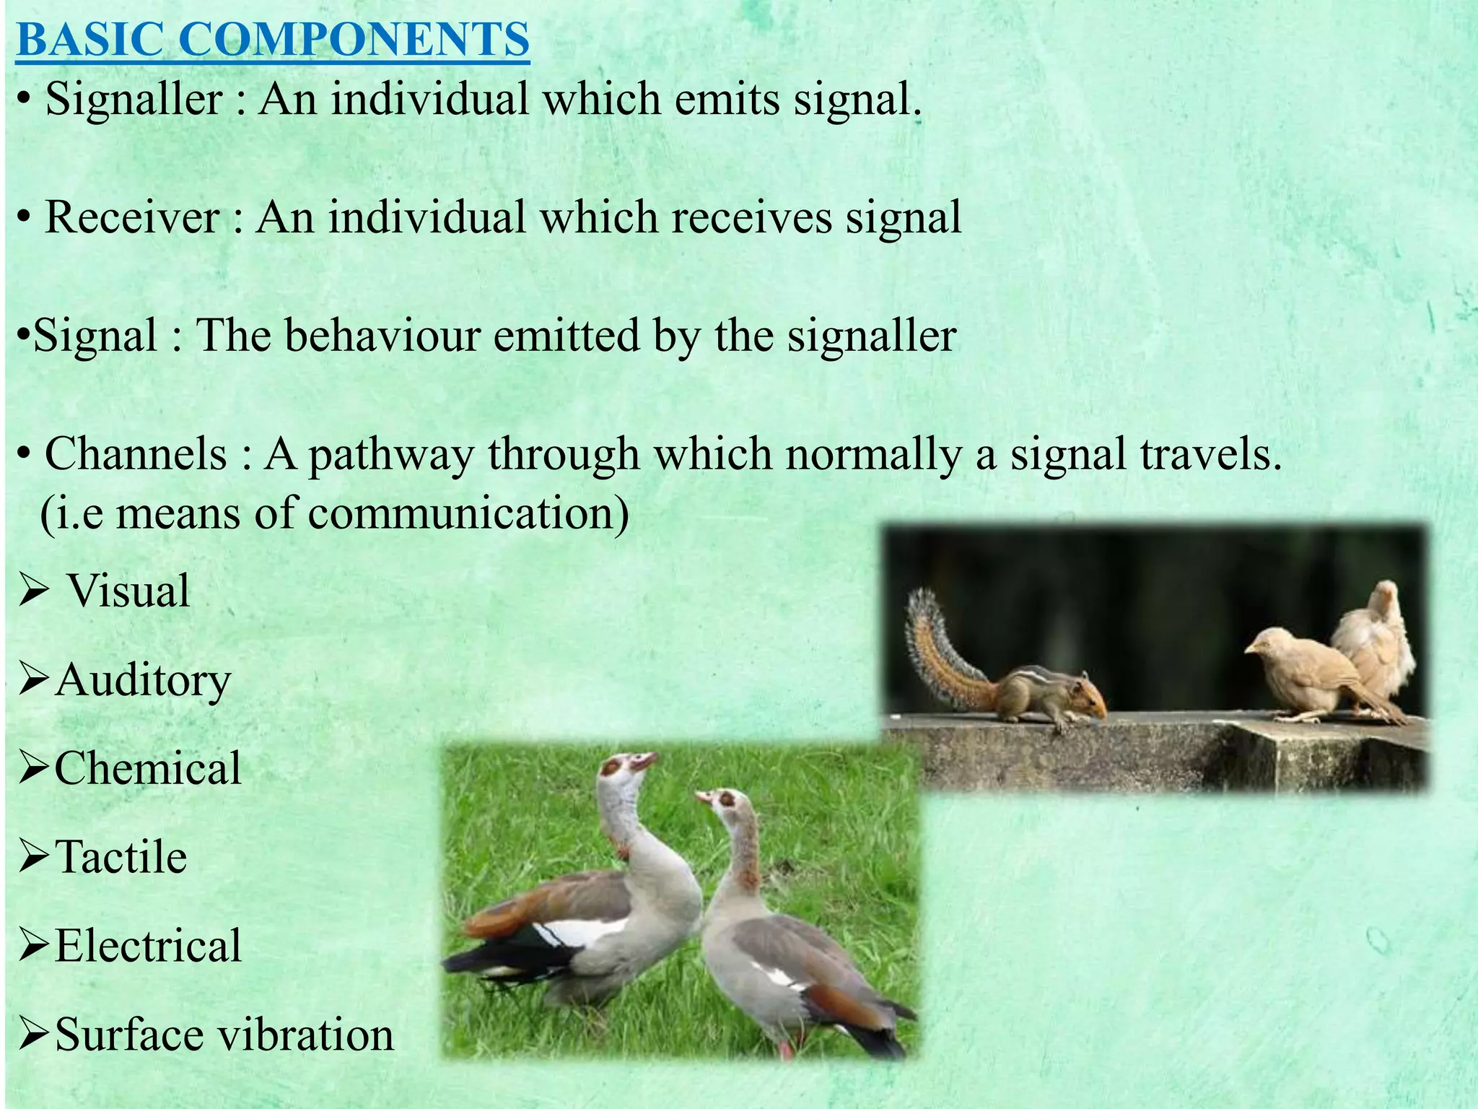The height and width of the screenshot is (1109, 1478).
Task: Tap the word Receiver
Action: click(x=132, y=217)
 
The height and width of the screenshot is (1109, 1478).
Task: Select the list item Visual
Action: click(x=128, y=591)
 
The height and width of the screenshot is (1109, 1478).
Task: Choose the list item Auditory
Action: click(x=142, y=680)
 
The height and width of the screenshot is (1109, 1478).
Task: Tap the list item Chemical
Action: click(x=148, y=767)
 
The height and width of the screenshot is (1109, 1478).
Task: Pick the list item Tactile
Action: click(x=121, y=857)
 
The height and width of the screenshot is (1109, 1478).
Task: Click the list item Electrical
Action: click(x=148, y=946)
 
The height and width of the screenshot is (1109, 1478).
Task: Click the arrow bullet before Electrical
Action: click(x=33, y=947)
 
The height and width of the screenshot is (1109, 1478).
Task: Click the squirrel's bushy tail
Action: click(x=938, y=650)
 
